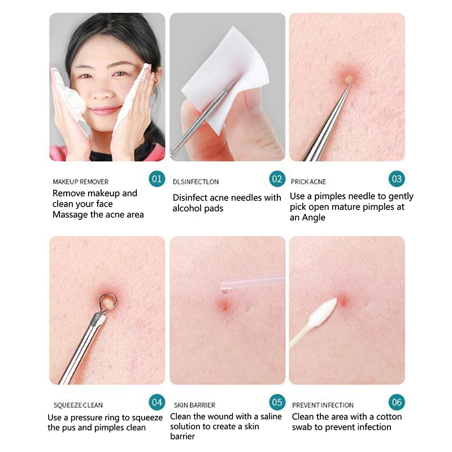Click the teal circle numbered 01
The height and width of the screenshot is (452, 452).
[157, 179]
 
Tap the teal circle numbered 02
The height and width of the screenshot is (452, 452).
[277, 179]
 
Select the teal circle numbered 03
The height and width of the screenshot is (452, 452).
[397, 179]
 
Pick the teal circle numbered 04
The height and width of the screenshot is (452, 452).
[157, 402]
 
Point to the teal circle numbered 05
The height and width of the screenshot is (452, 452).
[277, 402]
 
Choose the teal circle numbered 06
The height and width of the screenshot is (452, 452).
[397, 402]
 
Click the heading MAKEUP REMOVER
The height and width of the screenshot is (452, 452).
[81, 182]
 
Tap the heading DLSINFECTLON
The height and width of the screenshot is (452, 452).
[195, 182]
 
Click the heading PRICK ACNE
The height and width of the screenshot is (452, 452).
[308, 182]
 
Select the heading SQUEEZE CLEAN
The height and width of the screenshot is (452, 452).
[78, 405]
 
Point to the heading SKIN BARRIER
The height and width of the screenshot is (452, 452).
[194, 405]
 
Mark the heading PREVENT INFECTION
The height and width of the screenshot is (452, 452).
[323, 405]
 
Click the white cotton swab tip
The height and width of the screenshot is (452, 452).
[322, 313]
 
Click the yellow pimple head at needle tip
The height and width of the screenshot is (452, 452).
[349, 79]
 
